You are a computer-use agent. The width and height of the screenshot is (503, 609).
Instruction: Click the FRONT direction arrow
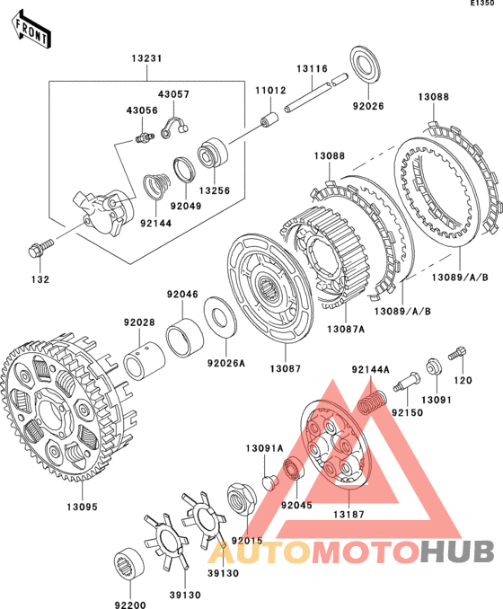point(31,31)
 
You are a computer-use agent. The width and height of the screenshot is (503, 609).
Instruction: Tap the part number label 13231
point(146,58)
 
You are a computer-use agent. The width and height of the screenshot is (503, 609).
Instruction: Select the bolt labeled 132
point(40,248)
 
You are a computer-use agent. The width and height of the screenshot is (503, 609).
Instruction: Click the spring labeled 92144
point(156,186)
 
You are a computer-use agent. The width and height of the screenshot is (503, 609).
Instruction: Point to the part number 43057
point(173,94)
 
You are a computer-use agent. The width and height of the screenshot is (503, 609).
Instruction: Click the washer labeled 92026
point(365,66)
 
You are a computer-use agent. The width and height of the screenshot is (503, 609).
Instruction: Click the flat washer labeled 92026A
point(220,316)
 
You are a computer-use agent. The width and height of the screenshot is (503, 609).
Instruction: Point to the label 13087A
point(346,330)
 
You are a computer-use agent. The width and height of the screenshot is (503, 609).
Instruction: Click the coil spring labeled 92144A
point(372,402)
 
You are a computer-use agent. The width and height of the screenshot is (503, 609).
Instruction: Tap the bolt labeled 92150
point(406,382)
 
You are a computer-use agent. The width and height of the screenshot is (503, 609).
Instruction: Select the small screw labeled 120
point(457,353)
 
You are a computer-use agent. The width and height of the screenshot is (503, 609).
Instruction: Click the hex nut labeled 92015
point(242,498)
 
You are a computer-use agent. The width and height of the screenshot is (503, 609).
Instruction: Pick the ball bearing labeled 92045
point(294,469)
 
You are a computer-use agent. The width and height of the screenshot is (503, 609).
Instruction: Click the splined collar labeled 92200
point(129,565)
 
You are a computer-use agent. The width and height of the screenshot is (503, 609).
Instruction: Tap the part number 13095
point(82,507)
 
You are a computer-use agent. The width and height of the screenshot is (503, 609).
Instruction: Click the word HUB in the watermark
point(457,552)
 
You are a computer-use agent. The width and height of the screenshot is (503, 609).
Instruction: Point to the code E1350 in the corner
point(483,3)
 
